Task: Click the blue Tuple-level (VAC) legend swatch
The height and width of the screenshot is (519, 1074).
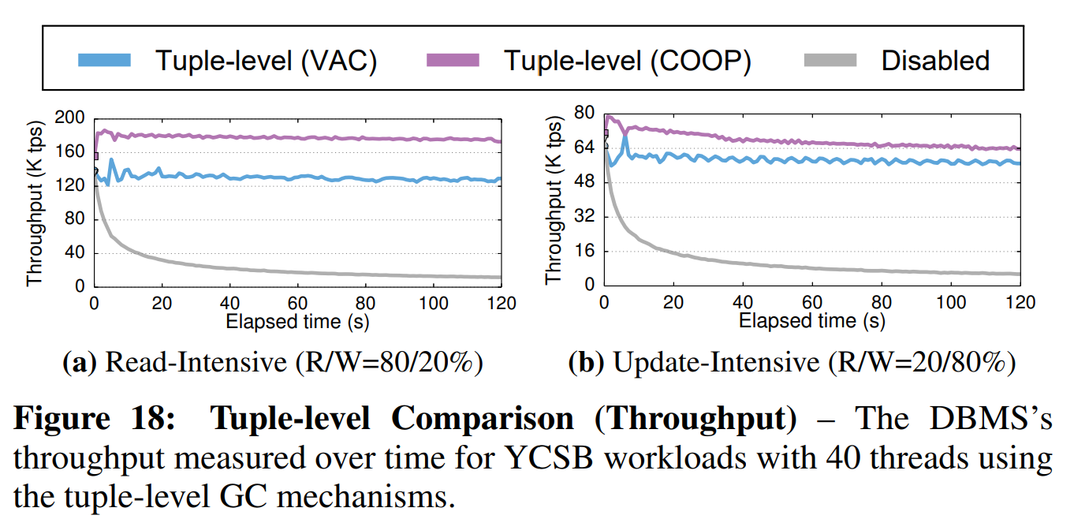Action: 105,60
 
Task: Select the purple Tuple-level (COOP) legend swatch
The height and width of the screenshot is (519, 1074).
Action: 453,60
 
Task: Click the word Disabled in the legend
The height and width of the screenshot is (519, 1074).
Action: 935,60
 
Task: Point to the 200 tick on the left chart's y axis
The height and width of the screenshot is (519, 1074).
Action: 70,118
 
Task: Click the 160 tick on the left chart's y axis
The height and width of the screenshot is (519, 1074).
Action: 70,151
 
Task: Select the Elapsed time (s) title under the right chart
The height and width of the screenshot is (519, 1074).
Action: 811,320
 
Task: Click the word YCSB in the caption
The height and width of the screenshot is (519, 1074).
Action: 524,458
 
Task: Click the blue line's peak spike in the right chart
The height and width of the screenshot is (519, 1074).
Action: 625,136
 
